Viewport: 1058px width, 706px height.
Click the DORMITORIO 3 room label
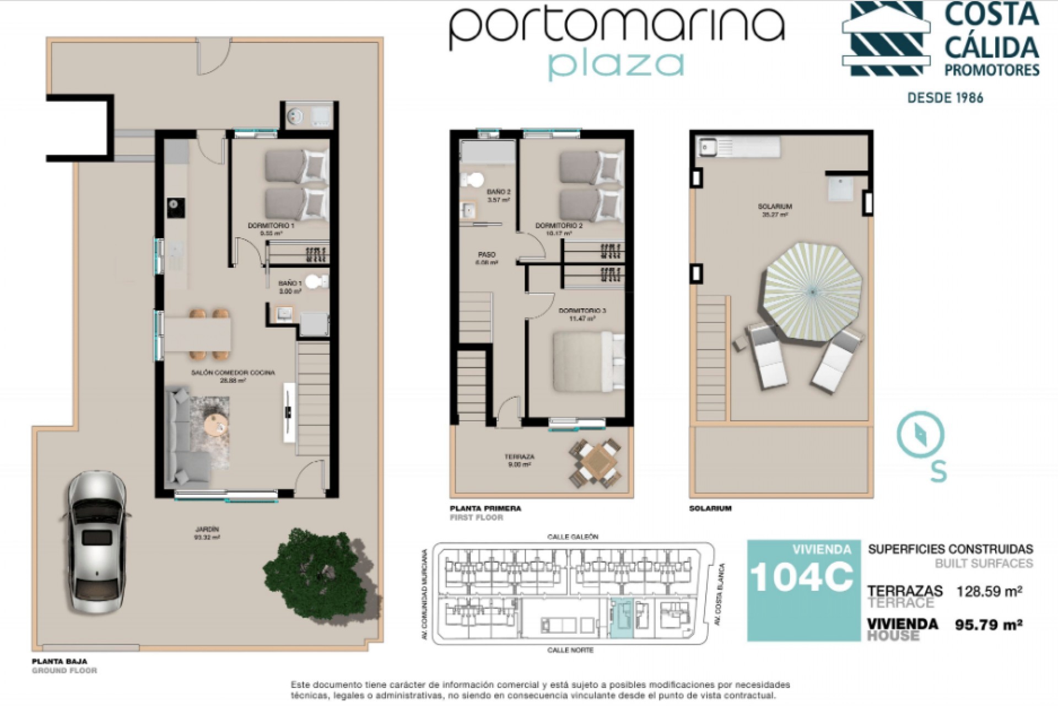coord(582,311)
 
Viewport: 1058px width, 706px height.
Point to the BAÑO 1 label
coord(290,284)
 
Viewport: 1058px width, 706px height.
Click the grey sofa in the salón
coord(185,436)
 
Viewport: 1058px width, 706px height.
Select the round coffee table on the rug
coord(215,425)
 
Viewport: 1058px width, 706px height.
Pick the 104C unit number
coord(801,577)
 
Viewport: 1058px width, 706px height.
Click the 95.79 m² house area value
coord(989,625)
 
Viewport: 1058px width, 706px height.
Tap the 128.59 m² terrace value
coord(989,592)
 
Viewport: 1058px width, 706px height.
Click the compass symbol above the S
coord(920,435)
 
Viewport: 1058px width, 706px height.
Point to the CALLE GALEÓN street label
coord(573,537)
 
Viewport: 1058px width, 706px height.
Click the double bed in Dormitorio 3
coord(587,361)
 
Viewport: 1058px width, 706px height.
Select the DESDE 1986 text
coord(945,98)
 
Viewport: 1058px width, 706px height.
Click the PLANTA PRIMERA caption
coord(485,509)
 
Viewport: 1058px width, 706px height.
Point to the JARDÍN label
coord(207,529)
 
